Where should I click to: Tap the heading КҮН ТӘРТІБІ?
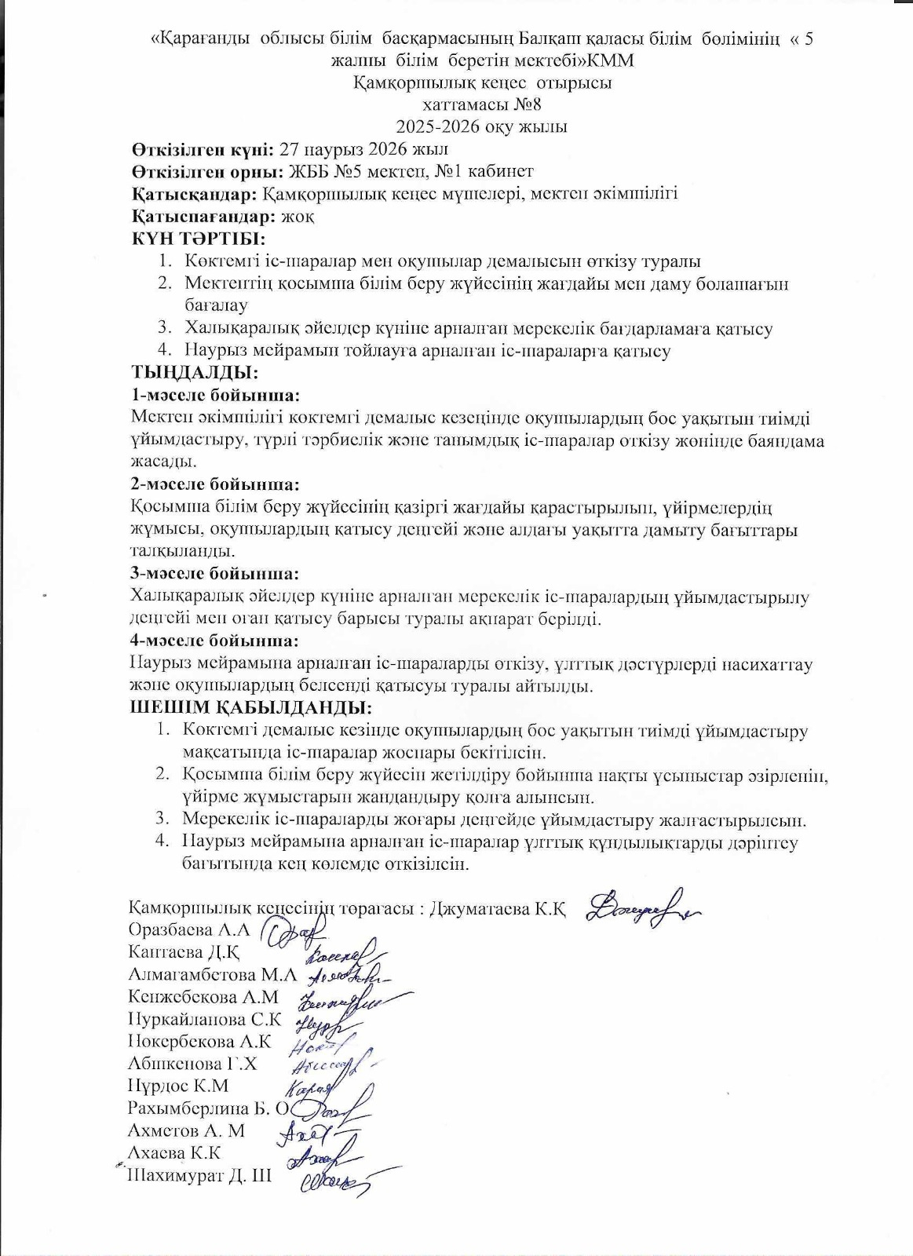point(198,239)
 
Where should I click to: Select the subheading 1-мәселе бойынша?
point(216,395)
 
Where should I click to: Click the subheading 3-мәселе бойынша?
point(215,574)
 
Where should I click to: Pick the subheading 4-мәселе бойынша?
point(215,641)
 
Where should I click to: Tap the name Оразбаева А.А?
point(188,930)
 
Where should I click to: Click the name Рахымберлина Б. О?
point(209,1108)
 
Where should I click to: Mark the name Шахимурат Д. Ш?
point(199,1176)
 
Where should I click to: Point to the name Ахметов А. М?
point(186,1130)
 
